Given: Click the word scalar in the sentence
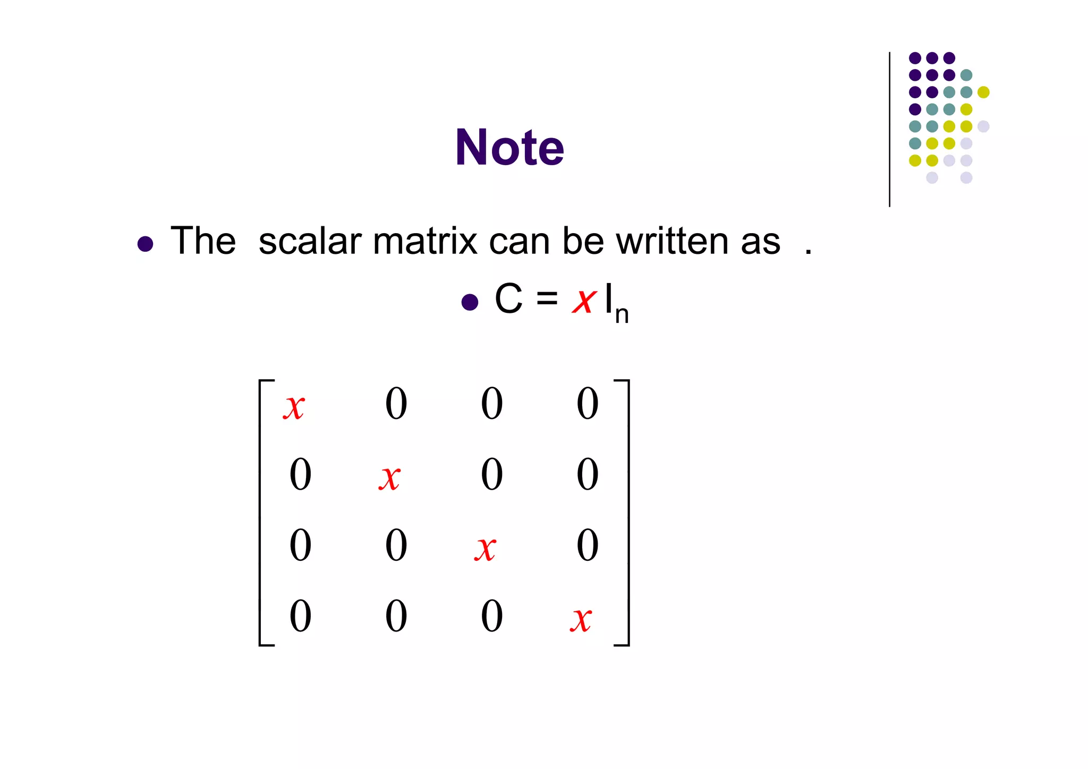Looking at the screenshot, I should click(310, 241).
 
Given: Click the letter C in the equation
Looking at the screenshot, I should click(508, 298).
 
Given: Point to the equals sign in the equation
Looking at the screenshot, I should click(547, 298).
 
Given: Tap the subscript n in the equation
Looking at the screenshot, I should click(622, 314).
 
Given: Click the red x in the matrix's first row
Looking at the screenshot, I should click(294, 407).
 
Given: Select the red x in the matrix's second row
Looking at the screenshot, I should click(389, 477).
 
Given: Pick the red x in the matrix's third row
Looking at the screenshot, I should click(485, 549).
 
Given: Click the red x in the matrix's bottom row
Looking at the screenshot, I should click(581, 619).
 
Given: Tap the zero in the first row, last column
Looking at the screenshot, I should click(588, 404).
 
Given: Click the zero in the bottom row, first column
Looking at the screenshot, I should click(300, 616).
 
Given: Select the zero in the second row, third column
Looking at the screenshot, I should click(491, 474).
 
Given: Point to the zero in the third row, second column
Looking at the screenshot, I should click(396, 545).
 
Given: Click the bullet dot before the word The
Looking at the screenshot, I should click(145, 244).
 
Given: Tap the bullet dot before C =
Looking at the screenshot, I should click(470, 302).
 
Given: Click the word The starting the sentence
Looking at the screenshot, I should click(203, 241).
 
